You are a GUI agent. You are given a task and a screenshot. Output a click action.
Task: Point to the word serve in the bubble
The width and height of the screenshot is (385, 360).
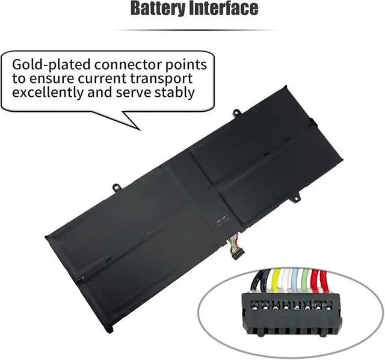tap(134, 93)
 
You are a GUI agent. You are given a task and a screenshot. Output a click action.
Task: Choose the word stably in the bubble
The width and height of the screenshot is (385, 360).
tap(174, 93)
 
